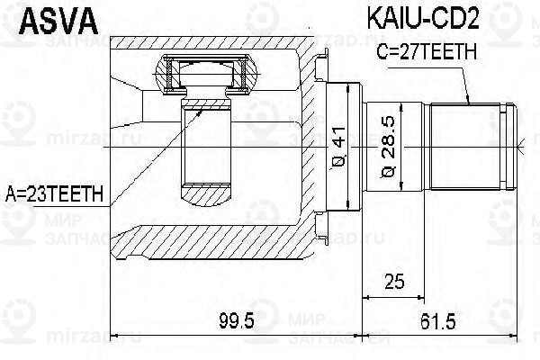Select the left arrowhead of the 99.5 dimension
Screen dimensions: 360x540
(x=112, y=338)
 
